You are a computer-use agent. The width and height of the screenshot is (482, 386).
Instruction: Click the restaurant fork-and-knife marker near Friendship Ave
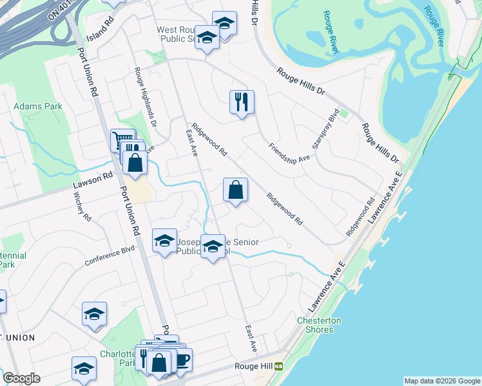[x=242, y=102]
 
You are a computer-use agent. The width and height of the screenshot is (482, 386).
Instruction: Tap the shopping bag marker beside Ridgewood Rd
[x=235, y=190]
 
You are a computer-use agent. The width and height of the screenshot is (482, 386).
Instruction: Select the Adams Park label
[x=38, y=106]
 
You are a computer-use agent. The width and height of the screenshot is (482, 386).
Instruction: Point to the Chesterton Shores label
[x=319, y=326]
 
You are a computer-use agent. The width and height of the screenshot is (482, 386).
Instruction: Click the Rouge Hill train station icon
[x=279, y=366]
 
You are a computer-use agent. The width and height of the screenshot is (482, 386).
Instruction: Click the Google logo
[x=21, y=378]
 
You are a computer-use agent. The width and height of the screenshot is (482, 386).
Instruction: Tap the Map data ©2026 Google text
[x=441, y=381]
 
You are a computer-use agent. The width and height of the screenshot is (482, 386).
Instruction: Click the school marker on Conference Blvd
[x=164, y=241]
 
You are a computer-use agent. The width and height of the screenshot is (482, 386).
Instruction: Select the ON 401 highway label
[x=62, y=10]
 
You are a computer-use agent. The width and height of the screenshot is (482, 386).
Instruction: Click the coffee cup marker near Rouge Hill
[x=182, y=359]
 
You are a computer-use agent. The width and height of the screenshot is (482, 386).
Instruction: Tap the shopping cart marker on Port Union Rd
[x=121, y=139]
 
